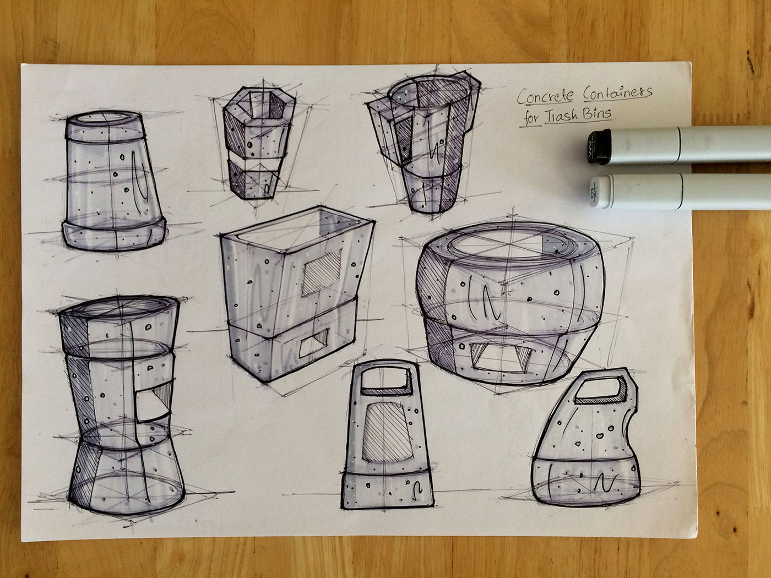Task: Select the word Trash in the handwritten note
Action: [557, 114]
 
